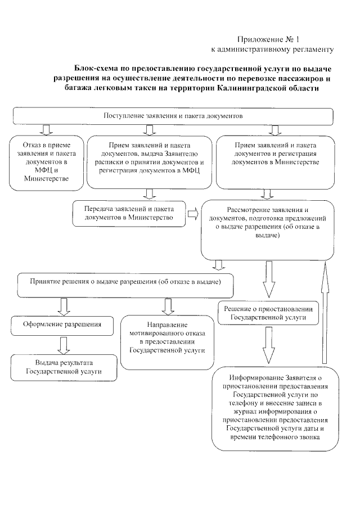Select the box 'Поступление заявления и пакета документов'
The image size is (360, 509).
pos(172,116)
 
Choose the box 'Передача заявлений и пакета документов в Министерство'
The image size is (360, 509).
pos(129,213)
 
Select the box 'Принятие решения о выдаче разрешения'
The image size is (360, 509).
pos(125,280)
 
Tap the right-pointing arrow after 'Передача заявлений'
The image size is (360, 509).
pos(193,213)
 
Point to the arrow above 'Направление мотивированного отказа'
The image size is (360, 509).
pos(166,304)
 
